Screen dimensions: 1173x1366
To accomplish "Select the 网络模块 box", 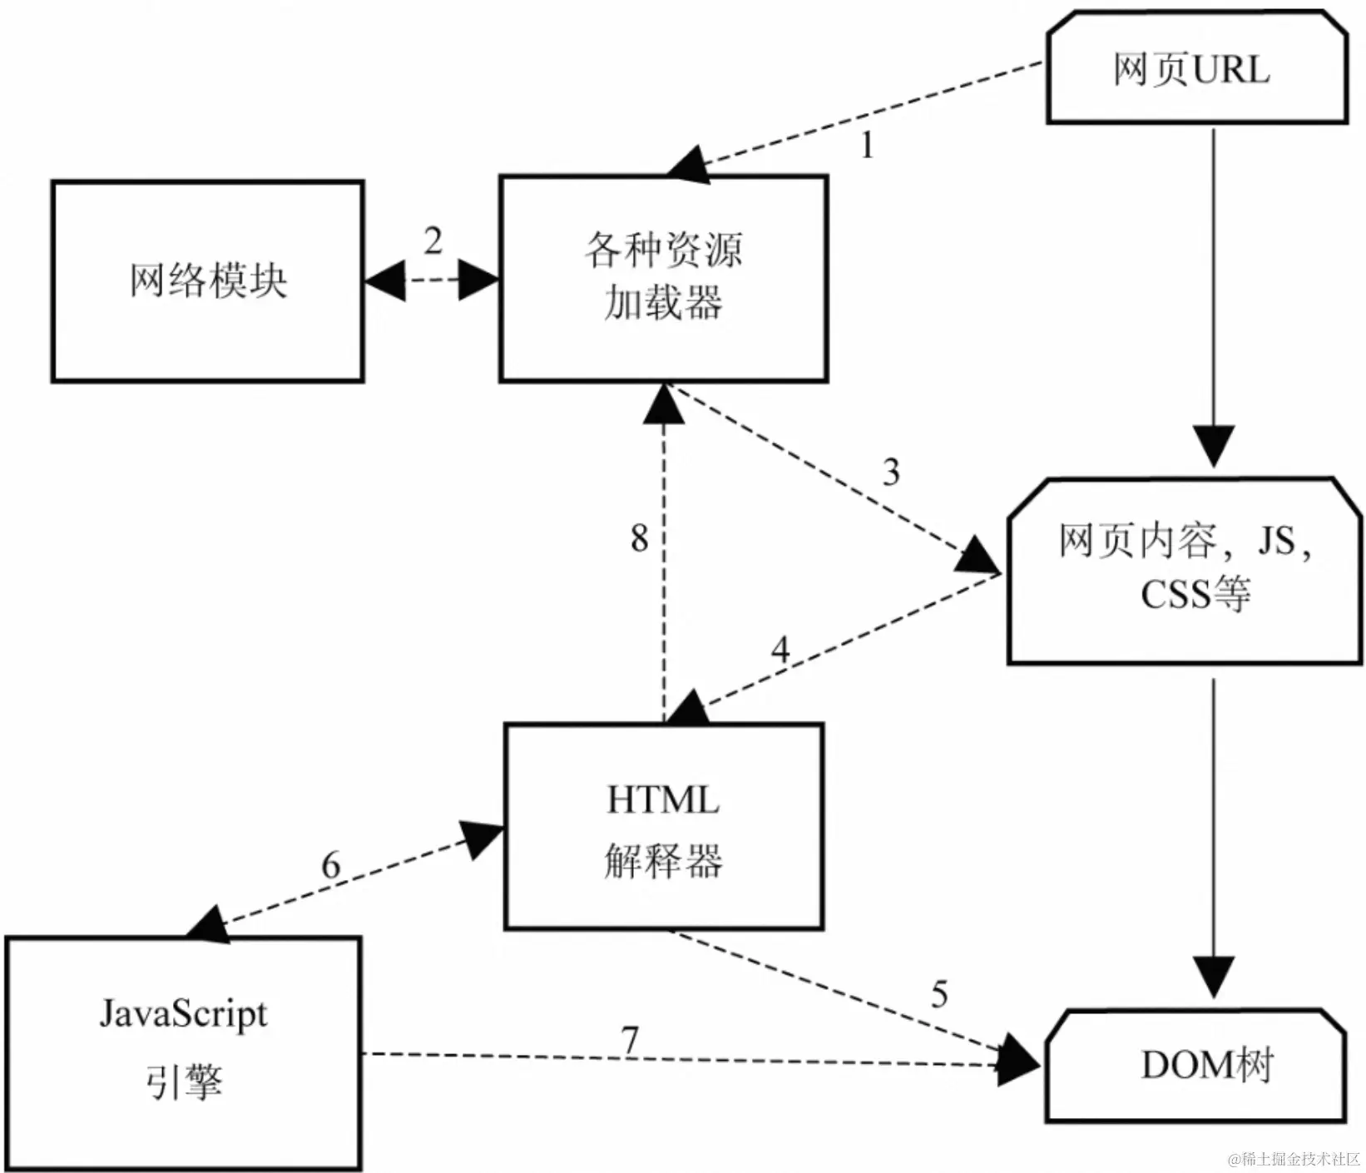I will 207,281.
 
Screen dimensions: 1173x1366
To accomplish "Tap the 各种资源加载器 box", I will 663,278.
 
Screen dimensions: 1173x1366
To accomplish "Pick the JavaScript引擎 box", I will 183,1052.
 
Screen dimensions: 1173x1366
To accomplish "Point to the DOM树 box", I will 1196,1065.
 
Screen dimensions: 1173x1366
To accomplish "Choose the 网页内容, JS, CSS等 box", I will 1185,571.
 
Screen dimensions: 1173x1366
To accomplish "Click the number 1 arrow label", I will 866,146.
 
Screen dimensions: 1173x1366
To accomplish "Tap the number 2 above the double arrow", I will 433,242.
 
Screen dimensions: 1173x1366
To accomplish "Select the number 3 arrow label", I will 891,473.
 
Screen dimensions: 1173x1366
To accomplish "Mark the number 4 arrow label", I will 780,650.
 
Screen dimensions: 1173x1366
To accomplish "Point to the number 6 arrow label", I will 331,866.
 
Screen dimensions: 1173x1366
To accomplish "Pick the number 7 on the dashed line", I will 630,1041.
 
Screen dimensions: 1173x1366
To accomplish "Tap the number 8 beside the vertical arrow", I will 639,538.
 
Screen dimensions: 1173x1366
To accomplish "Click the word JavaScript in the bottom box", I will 183,1015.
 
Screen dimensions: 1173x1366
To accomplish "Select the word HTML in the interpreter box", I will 663,800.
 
